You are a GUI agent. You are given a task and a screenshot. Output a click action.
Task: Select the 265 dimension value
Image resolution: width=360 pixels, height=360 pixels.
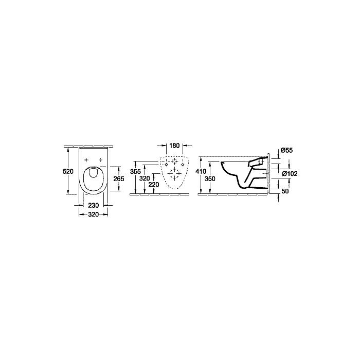[119, 178]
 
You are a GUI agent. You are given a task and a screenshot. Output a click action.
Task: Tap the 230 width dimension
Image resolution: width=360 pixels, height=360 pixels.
[93, 205]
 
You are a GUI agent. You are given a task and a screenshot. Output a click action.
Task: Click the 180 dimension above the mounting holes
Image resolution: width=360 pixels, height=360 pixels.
[174, 146]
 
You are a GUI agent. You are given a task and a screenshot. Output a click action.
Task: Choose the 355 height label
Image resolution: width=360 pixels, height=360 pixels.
[136, 171]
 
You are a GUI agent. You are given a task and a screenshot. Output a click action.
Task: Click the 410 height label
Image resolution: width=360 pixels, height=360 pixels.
[201, 171]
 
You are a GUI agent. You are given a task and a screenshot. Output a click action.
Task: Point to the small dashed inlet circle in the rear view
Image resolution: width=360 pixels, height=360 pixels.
[174, 160]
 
